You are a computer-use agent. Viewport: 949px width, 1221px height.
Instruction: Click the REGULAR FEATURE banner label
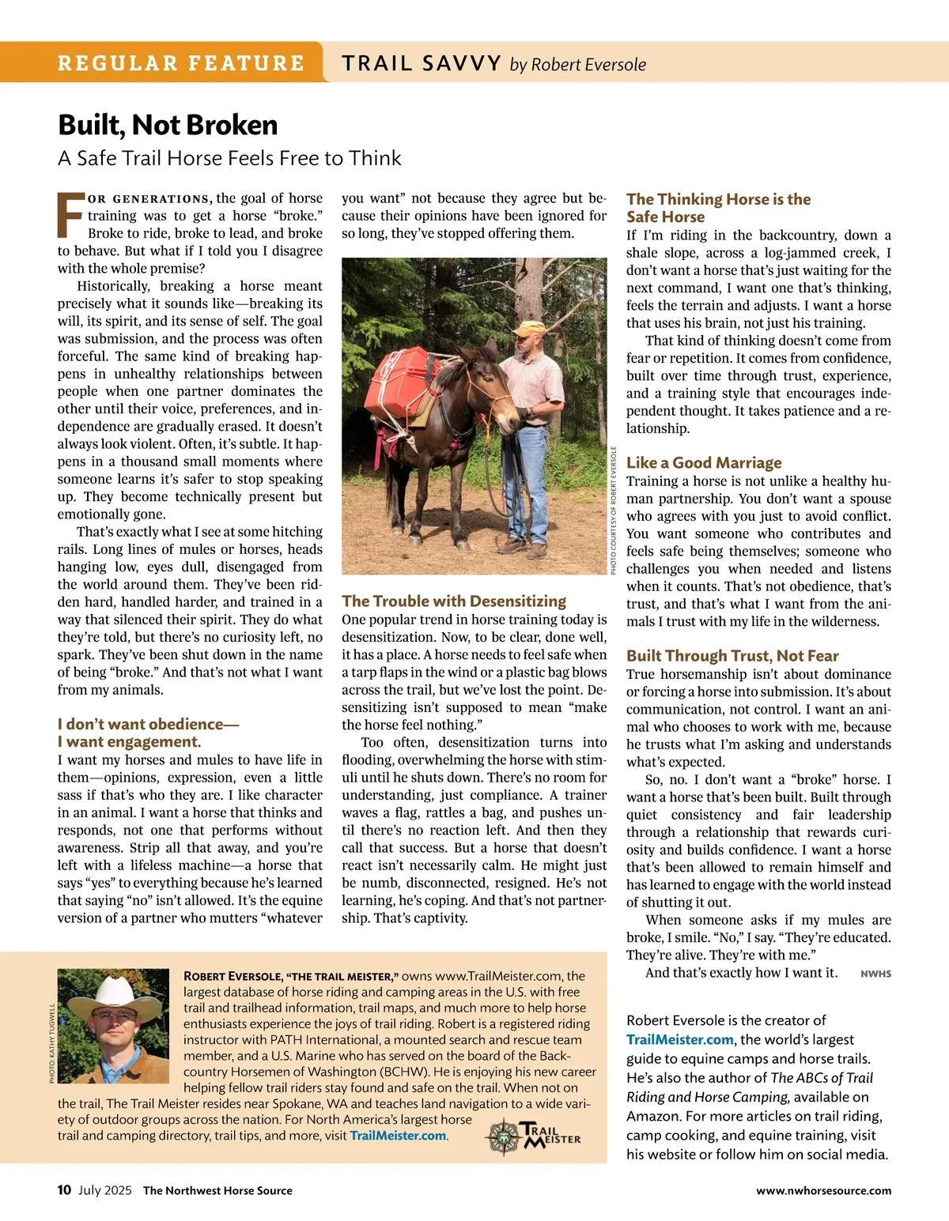click(x=180, y=63)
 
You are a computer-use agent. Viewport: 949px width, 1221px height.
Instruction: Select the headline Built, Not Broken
click(x=168, y=125)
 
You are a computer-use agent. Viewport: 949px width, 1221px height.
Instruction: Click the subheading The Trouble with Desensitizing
click(x=454, y=601)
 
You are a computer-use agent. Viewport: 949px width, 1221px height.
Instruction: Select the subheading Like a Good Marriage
click(x=704, y=462)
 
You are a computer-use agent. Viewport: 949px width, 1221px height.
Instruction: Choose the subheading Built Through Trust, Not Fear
click(x=732, y=655)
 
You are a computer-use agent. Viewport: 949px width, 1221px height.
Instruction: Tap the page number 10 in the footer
click(x=64, y=1190)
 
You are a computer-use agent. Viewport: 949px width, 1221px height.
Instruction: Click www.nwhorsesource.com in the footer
click(x=823, y=1190)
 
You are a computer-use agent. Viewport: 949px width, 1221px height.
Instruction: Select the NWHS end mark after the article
click(x=875, y=974)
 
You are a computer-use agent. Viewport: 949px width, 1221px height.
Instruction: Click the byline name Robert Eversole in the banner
click(x=588, y=64)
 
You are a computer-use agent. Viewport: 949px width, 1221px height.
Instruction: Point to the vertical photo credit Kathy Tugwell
click(x=52, y=1043)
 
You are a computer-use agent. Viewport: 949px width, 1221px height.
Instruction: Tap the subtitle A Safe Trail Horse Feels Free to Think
click(x=229, y=158)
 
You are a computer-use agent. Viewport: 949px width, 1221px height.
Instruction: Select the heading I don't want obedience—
click(x=148, y=724)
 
